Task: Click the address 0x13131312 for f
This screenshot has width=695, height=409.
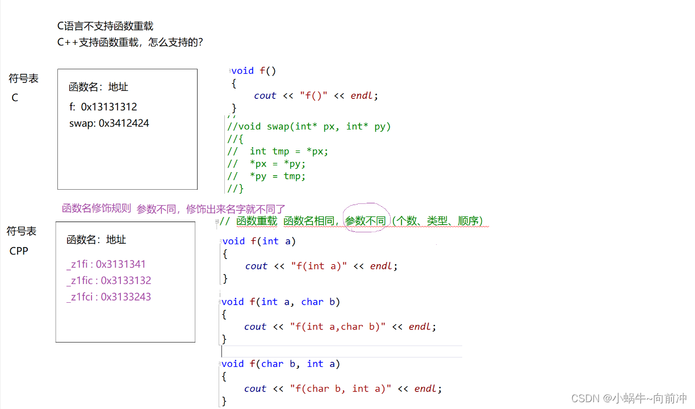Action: coord(109,107)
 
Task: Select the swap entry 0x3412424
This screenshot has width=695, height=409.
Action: coord(124,123)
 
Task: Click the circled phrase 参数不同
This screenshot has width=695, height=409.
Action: coord(366,221)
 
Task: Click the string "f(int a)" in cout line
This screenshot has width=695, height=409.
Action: coord(319,266)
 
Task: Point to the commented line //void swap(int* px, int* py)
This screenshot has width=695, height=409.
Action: coord(309,127)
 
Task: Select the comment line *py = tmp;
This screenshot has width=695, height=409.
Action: coord(278,176)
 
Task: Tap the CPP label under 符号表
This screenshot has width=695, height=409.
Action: coord(19,251)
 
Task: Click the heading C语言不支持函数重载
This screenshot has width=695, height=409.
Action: coord(105,26)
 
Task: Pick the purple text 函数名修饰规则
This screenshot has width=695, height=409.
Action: coord(97,208)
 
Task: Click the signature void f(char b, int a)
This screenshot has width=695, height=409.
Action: coord(280,364)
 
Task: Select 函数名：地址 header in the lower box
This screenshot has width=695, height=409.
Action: coord(97,240)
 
